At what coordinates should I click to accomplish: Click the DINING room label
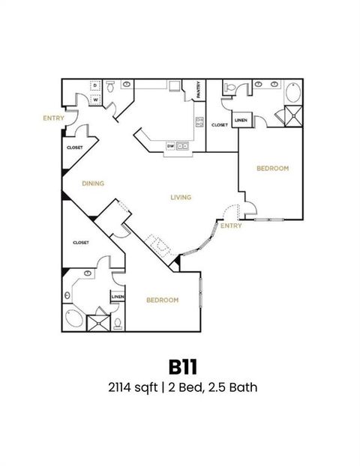pos(93,183)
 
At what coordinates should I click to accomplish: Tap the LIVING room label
pos(181,198)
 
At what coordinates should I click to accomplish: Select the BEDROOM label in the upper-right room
pos(272,169)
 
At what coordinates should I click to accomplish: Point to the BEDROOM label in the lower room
pos(162,300)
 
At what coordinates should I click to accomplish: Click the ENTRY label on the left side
pos(53,118)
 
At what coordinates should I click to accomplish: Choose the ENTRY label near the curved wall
pos(231,226)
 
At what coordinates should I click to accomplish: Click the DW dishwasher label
pos(170,145)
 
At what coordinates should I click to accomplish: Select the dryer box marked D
pos(96,87)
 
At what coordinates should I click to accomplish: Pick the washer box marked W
pos(96,100)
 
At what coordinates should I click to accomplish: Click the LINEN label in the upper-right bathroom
pos(241,120)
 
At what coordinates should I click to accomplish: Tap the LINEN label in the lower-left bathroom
pos(117,297)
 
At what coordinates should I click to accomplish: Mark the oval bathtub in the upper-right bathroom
pos(292,94)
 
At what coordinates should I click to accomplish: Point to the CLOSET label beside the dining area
pos(75,148)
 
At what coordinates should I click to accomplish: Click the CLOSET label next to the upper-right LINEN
pos(219,125)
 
